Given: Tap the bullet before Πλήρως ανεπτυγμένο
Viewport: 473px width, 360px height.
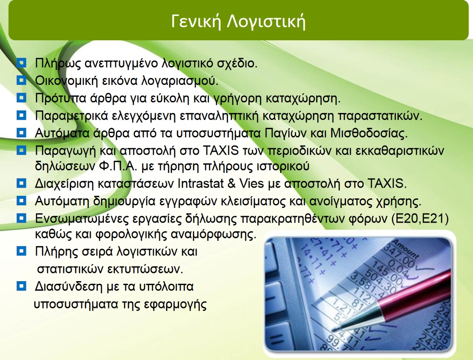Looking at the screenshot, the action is pos(21,63).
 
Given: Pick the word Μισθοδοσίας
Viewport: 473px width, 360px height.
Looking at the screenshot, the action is pos(369,133).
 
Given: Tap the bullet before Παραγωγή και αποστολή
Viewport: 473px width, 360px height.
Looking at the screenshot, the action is pos(21,150).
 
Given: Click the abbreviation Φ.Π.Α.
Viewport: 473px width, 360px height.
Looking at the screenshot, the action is pos(118,166).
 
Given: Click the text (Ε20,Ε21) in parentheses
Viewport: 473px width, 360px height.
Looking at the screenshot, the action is pos(420,219).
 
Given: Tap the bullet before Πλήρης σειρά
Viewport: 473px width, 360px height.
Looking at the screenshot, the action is pos(21,251).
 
